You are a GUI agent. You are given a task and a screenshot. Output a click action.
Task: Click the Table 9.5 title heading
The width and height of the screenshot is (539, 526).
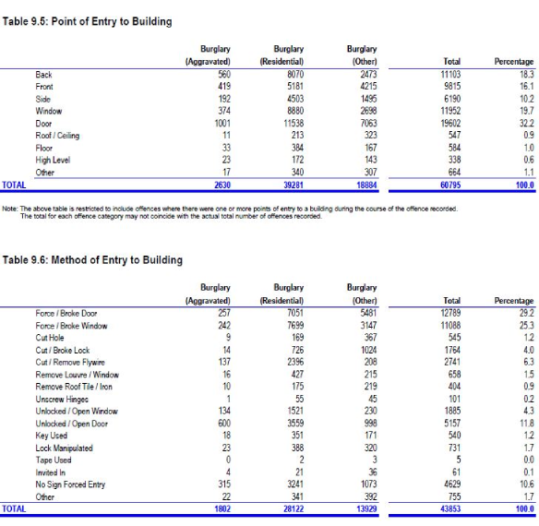click(88, 21)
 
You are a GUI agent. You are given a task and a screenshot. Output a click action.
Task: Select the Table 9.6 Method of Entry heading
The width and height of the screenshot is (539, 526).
click(92, 260)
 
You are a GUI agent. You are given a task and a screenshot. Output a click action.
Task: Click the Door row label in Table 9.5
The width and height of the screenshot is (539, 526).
click(43, 124)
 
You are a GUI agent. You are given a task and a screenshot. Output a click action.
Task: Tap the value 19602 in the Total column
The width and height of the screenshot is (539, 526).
click(450, 123)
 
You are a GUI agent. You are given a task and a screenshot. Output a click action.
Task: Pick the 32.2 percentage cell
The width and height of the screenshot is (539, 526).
click(527, 123)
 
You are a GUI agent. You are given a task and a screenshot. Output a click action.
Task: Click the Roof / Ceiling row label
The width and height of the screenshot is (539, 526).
click(57, 136)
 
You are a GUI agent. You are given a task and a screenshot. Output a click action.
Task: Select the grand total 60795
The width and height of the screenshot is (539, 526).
click(450, 185)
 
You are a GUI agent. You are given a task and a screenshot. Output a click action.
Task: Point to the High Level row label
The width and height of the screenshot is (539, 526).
click(53, 161)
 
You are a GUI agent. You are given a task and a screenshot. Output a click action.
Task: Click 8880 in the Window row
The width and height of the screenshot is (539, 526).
click(295, 111)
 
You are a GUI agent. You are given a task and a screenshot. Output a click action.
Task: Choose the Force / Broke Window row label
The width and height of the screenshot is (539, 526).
click(71, 326)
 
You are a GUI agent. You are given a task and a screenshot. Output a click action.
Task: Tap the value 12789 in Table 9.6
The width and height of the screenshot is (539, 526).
click(450, 313)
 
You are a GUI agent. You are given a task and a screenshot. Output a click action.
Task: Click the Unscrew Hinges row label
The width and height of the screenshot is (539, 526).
click(62, 400)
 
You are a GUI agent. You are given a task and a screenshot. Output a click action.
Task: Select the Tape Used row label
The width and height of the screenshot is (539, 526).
click(54, 460)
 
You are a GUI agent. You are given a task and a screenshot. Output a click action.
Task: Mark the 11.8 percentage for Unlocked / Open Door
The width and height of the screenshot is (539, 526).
click(527, 424)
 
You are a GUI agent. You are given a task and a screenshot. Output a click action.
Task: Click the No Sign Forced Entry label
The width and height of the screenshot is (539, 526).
click(70, 484)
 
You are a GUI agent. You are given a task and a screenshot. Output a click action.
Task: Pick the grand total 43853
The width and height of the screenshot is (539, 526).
click(450, 508)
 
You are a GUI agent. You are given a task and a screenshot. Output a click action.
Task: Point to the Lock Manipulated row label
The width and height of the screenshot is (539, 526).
click(65, 448)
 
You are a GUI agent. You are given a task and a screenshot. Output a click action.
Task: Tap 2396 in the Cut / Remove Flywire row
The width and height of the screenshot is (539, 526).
click(295, 362)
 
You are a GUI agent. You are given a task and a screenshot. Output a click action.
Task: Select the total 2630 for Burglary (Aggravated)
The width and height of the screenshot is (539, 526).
click(222, 185)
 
